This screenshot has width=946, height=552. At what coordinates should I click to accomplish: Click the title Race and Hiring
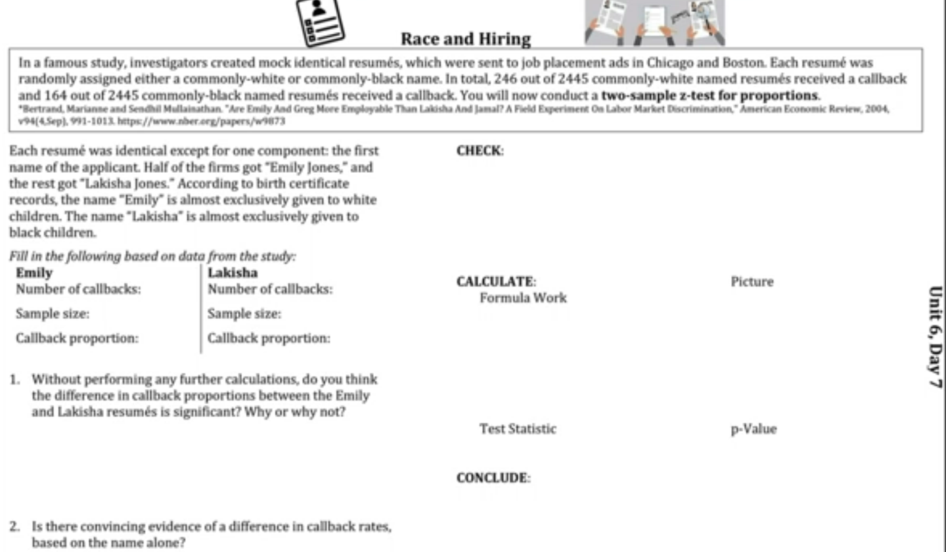click(x=466, y=39)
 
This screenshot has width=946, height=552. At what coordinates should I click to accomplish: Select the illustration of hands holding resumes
click(x=655, y=23)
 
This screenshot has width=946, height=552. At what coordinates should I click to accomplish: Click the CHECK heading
click(x=480, y=150)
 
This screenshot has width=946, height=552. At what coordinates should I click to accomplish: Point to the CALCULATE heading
click(x=496, y=282)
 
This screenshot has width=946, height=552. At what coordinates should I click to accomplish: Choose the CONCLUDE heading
click(x=493, y=478)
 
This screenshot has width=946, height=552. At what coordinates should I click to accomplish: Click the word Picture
click(x=752, y=282)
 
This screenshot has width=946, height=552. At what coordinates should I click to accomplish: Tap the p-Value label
click(x=754, y=429)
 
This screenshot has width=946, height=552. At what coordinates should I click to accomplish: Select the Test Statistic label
click(x=518, y=429)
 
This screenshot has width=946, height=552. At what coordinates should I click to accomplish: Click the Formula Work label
click(x=523, y=298)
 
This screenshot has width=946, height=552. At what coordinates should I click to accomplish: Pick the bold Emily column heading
click(x=34, y=273)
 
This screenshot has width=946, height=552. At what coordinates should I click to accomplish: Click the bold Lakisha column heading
click(x=233, y=273)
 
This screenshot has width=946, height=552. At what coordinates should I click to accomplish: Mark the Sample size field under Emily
click(x=53, y=314)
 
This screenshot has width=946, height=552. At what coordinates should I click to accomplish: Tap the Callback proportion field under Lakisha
click(x=269, y=338)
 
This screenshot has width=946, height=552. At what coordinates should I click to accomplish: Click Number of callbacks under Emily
click(x=78, y=289)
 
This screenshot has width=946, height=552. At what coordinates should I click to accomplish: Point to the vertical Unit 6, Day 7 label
click(x=935, y=336)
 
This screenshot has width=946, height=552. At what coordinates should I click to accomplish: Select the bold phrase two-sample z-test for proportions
click(x=710, y=95)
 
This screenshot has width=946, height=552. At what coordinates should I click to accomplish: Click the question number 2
click(x=14, y=526)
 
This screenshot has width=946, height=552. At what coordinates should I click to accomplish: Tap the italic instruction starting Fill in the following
click(x=152, y=256)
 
